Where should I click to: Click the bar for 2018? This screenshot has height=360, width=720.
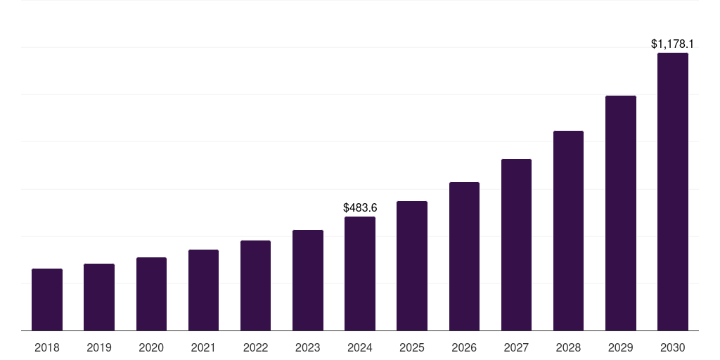(47, 300)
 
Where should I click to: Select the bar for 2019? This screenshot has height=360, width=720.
(99, 297)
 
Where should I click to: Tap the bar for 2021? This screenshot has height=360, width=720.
(203, 290)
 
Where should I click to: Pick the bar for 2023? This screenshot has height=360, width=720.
(308, 280)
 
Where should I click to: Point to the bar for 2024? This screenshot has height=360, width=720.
(360, 274)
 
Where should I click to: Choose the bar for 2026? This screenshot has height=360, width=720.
(464, 256)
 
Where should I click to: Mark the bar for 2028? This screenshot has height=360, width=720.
(568, 231)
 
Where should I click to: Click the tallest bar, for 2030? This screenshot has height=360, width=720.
(673, 191)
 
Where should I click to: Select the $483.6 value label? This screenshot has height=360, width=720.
(360, 207)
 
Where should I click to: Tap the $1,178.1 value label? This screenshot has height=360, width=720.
(673, 44)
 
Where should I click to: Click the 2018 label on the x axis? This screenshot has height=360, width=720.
(47, 347)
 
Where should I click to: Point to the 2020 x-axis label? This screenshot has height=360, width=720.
(151, 347)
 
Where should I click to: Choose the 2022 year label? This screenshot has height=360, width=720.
(255, 347)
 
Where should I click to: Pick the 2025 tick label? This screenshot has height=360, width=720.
(412, 347)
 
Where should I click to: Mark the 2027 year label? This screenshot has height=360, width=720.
(516, 347)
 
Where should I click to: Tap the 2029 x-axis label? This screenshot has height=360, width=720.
(620, 347)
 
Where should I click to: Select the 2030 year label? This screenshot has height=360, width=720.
(673, 347)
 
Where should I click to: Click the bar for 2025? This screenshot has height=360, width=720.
(412, 266)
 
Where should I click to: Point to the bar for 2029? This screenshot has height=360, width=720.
(620, 213)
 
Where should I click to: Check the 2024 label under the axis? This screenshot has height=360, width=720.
(360, 347)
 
